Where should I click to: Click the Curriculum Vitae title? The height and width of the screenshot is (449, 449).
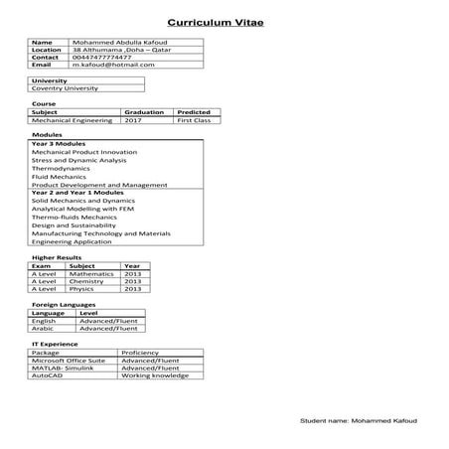coord(216,20)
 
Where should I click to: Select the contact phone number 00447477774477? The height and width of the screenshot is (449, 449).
coord(102,58)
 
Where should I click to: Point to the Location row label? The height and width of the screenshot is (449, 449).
coord(47,51)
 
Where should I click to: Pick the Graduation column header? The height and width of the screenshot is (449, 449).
coord(145,112)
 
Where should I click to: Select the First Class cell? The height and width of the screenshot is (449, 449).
coord(195,120)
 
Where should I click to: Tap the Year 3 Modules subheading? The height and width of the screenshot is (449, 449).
coord(59,144)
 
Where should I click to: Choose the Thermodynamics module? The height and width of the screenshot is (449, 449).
coord(61,168)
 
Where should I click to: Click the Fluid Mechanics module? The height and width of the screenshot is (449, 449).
coord(60,176)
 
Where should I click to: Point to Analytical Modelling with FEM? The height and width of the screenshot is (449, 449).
coord(83,209)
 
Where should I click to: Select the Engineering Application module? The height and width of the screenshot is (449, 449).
coord(72,241)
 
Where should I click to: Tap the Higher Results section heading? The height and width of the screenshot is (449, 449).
coord(57,257)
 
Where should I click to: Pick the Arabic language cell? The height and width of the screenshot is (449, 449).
coord(44,328)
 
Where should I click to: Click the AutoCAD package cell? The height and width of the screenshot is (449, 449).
coord(48,375)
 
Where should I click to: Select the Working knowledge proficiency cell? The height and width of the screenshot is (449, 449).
coord(154,375)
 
